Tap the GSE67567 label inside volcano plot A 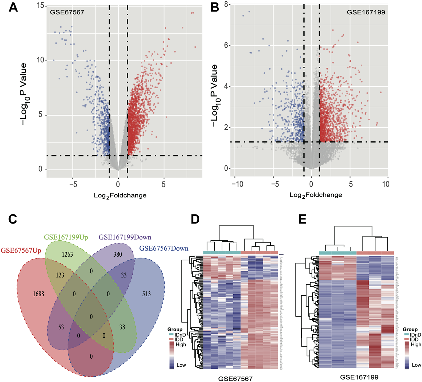coord(67,12)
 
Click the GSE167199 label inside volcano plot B coord(366,12)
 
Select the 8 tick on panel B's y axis coord(226,4)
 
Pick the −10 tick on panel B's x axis coord(237,184)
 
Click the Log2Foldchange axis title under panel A coord(120,196)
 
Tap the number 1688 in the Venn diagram coord(39,294)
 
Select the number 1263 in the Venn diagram coord(67,254)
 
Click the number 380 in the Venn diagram coord(118,254)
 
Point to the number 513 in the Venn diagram coord(146,294)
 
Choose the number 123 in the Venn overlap coord(60,275)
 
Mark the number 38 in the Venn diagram coord(122,327)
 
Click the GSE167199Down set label coord(125,238)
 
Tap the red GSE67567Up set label coord(21,251)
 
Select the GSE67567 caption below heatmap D coord(235,379)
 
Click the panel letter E coord(302,219)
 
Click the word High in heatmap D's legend coord(181,345)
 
